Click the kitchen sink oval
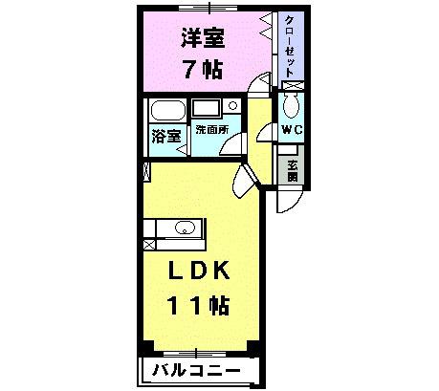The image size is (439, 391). click(x=185, y=228)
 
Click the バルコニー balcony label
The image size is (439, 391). click(x=192, y=370)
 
